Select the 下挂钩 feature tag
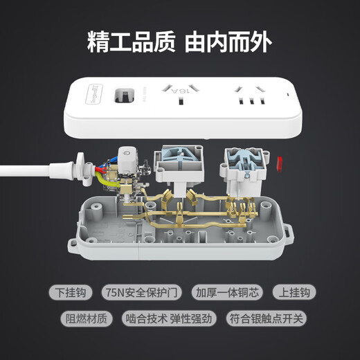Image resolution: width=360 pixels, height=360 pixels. pyautogui.click(x=71, y=293)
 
